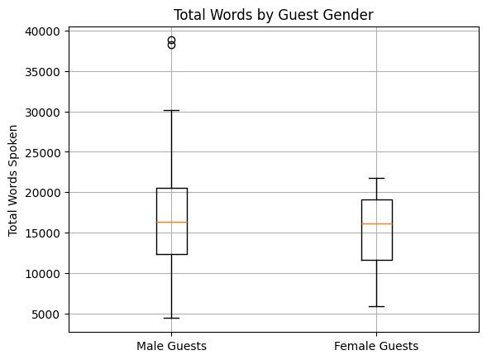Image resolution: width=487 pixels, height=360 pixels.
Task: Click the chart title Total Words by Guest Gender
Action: [274, 15]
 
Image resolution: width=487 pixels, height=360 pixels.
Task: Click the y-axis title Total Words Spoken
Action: [12, 180]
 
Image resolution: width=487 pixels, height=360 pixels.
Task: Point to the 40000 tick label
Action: [42, 31]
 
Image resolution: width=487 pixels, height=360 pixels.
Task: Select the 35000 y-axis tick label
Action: [42, 72]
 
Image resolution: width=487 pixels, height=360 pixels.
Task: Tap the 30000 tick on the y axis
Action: [42, 113]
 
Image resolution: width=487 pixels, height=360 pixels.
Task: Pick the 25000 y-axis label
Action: [42, 152]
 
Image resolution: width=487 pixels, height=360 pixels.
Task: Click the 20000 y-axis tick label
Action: [42, 193]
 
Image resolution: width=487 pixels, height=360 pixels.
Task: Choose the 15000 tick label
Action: [42, 233]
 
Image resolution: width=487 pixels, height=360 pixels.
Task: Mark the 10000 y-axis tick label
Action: [42, 274]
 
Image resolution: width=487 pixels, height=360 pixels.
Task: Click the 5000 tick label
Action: [45, 314]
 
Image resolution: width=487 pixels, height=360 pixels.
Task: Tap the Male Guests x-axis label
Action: [171, 346]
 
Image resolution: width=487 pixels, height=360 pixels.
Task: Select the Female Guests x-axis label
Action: [376, 346]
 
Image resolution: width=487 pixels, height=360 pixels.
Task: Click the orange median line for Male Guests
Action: [172, 223]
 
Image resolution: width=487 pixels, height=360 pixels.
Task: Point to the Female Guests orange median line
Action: [377, 223]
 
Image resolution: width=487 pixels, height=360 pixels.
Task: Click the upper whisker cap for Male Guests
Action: [172, 110]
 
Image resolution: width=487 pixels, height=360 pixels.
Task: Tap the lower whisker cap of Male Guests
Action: [172, 318]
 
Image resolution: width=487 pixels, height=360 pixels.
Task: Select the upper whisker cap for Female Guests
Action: [377, 178]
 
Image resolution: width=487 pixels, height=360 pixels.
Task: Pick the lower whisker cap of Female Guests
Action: [377, 306]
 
